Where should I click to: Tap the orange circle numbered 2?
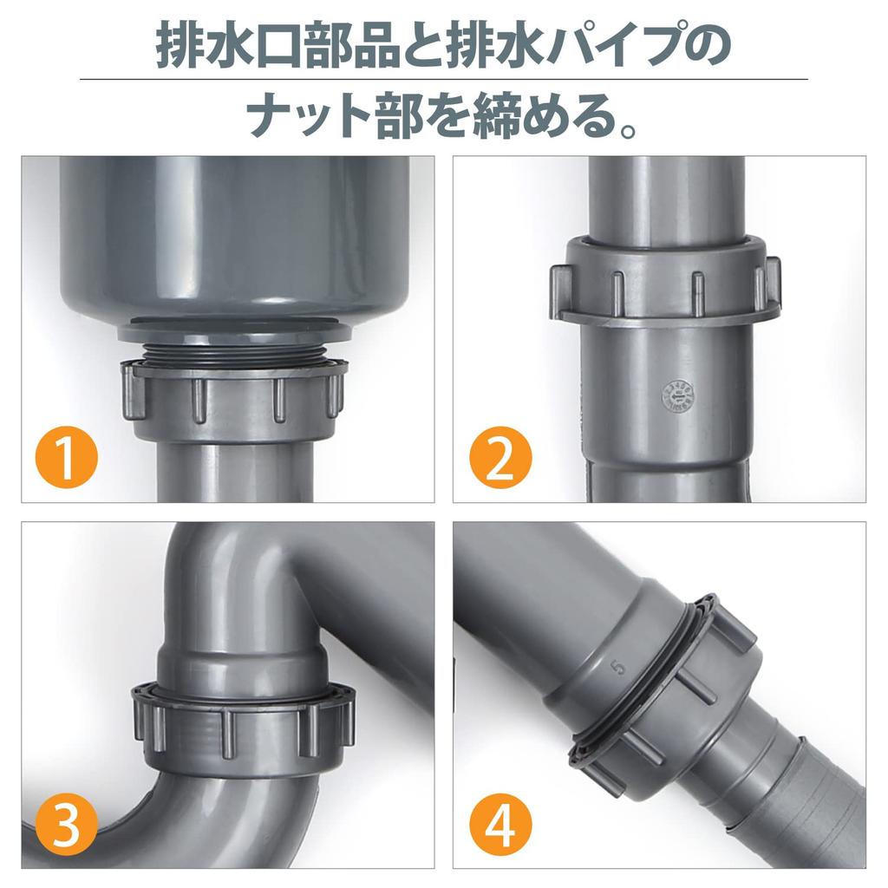[x=499, y=460]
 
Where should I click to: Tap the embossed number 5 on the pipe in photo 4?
[x=617, y=668]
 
